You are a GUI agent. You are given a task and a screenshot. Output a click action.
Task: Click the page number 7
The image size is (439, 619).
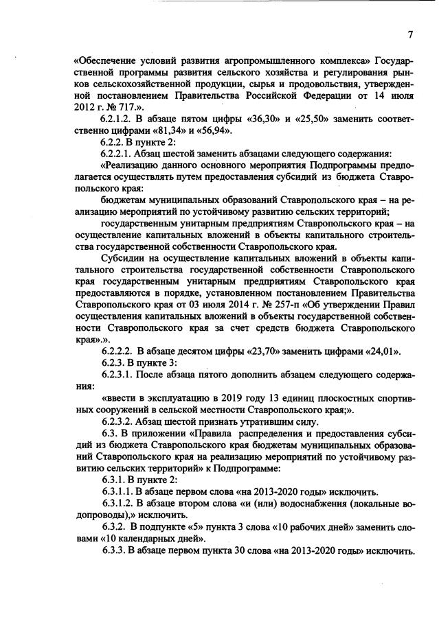[x=409, y=34]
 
